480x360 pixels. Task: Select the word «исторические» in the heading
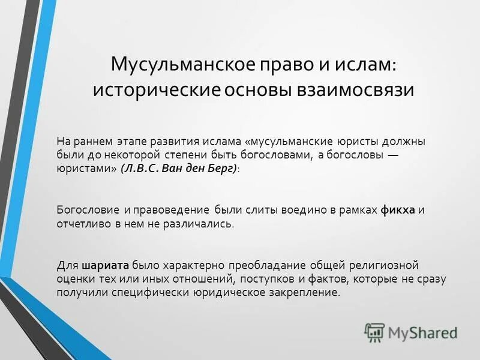click(x=157, y=89)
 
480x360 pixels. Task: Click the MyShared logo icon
click(x=374, y=332)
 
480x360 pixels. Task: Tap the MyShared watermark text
click(x=422, y=332)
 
